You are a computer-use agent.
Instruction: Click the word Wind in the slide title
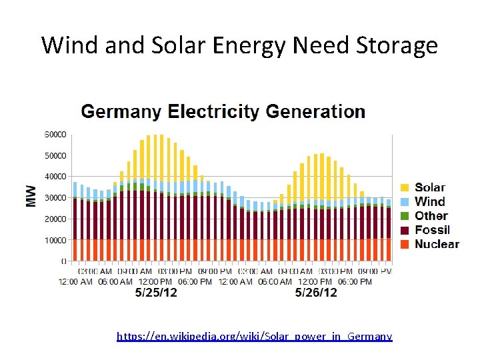coord(69,45)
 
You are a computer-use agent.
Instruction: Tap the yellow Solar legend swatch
coord(404,188)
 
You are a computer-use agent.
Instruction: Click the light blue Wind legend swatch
coord(404,202)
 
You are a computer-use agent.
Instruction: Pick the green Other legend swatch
coord(404,216)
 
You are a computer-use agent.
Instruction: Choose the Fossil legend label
coord(432,230)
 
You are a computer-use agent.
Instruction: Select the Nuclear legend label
coord(437,244)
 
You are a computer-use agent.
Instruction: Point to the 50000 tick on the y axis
coord(55,155)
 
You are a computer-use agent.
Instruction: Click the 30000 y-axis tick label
coord(55,197)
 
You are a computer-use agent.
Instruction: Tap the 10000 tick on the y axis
coord(55,240)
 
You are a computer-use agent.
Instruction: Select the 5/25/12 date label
coord(156,293)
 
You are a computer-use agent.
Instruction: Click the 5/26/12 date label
coord(316,293)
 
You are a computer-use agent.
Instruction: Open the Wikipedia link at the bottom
coord(254,336)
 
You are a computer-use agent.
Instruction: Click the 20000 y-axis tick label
coord(55,219)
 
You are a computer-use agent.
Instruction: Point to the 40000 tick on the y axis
coord(55,177)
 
